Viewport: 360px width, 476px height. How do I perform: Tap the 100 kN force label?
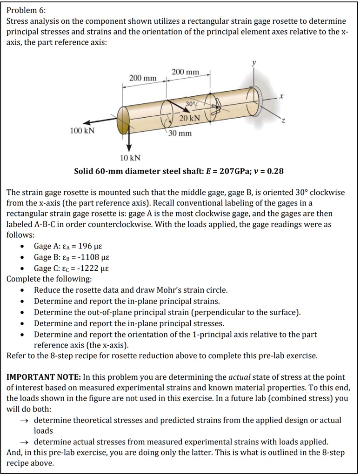(82, 131)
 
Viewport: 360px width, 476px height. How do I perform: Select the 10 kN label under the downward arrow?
(130, 158)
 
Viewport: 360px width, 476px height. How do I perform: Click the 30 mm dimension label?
(180, 134)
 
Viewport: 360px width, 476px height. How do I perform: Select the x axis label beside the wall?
(281, 96)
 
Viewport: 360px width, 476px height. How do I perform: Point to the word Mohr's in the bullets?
(178, 290)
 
